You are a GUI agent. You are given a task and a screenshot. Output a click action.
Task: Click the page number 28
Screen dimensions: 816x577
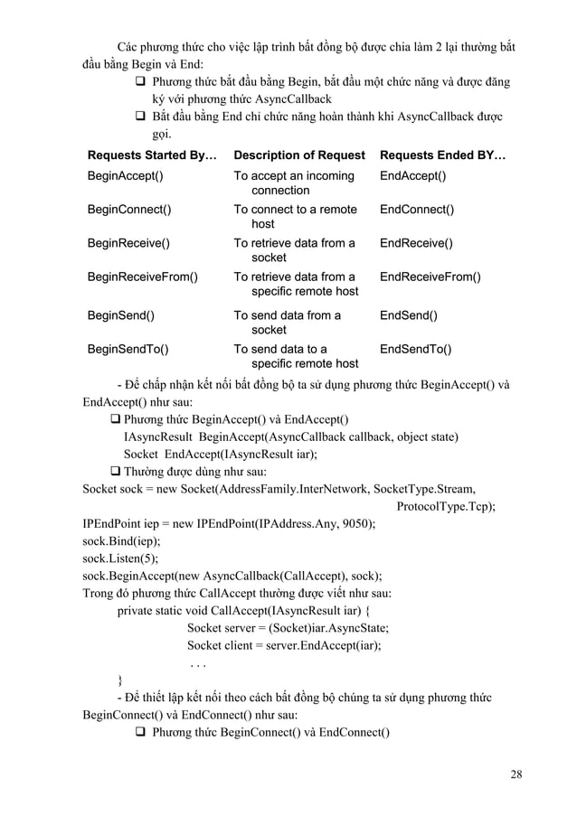516,774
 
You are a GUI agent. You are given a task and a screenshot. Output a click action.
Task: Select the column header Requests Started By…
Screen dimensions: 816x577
151,155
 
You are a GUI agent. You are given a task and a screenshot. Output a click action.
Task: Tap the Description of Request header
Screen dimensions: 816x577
299,155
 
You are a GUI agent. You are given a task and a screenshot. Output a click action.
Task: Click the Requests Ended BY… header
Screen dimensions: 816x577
442,155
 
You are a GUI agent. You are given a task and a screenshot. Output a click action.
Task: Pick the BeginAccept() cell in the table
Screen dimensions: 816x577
125,175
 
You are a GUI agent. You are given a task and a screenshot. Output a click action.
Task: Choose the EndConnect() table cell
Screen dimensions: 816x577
416,210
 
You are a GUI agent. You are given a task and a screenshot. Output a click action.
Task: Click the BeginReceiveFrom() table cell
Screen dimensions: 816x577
142,277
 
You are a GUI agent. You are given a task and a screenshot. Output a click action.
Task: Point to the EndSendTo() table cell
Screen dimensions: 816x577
416,349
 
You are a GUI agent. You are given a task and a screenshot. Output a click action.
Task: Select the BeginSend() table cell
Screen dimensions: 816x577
120,315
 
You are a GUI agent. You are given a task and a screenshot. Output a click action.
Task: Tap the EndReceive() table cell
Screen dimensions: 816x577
416,243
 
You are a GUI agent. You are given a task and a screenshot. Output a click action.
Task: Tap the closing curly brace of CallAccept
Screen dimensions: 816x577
122,680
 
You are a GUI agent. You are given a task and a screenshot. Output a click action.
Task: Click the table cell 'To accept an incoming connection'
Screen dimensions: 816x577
294,183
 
